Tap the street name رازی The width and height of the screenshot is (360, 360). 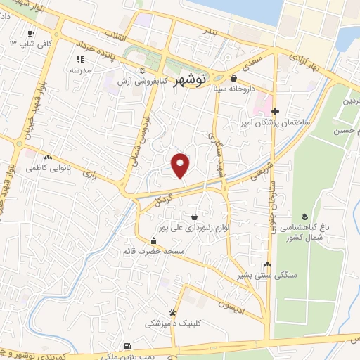(x=89, y=172)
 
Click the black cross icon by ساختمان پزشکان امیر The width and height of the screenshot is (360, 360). (x=276, y=111)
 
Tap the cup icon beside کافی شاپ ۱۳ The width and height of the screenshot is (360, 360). (x=30, y=33)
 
